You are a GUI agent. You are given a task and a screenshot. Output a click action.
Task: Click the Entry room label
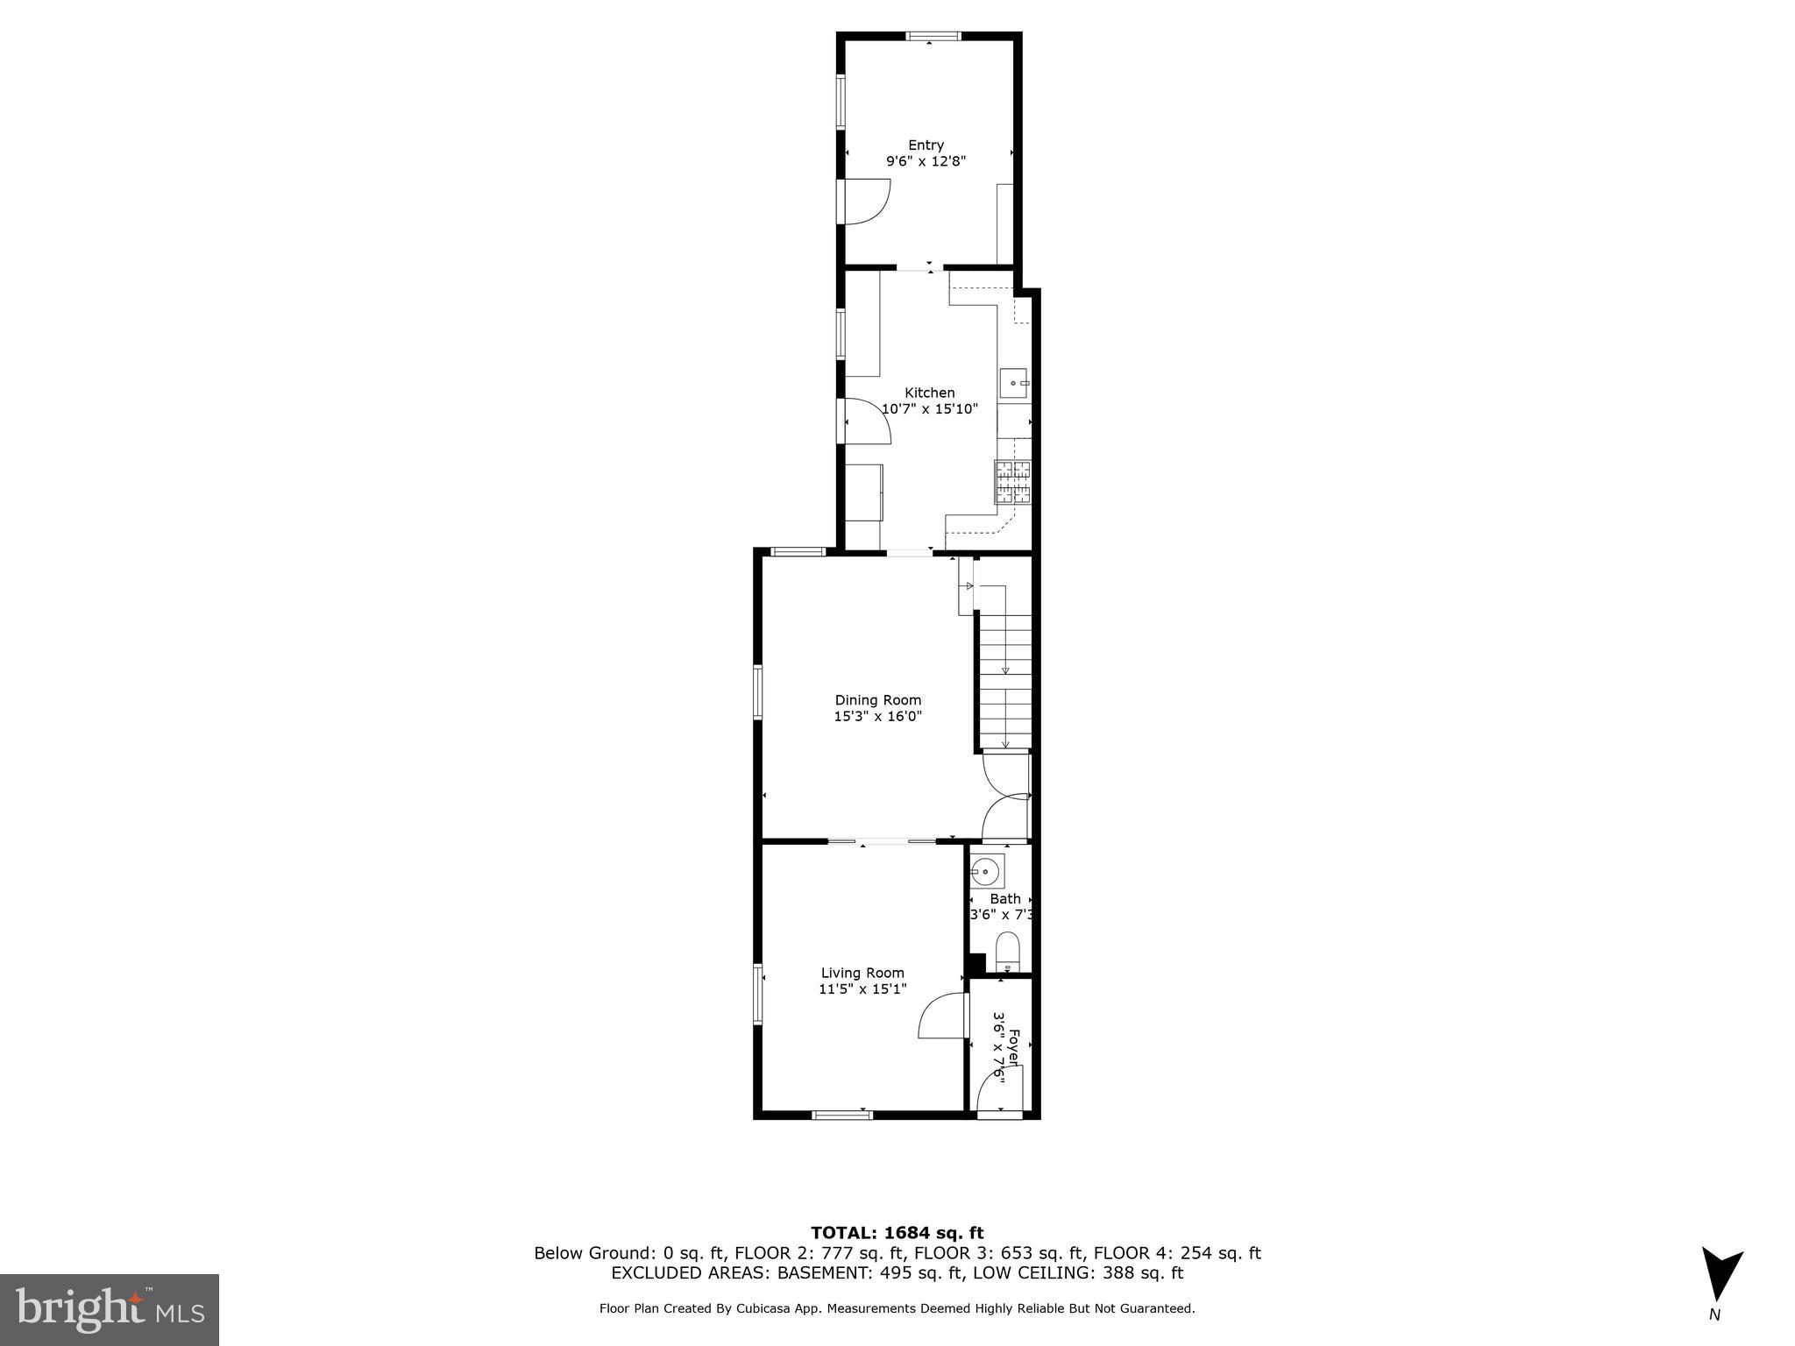click(926, 145)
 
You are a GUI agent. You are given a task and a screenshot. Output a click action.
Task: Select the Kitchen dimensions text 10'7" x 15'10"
click(929, 409)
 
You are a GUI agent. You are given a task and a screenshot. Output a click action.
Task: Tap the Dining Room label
click(877, 700)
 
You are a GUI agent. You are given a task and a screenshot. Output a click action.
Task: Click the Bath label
click(1005, 899)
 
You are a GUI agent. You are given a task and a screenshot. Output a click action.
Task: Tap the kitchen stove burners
click(1013, 482)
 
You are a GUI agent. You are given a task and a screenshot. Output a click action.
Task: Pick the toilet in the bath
click(1008, 952)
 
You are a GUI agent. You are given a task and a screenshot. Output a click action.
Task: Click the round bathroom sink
click(985, 871)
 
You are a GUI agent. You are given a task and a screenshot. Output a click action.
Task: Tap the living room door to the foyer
click(942, 1015)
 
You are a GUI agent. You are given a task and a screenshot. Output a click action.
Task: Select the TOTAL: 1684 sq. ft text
click(897, 1233)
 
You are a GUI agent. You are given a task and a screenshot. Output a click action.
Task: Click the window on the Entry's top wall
click(933, 37)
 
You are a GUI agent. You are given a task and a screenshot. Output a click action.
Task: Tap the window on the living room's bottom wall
click(841, 1115)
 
